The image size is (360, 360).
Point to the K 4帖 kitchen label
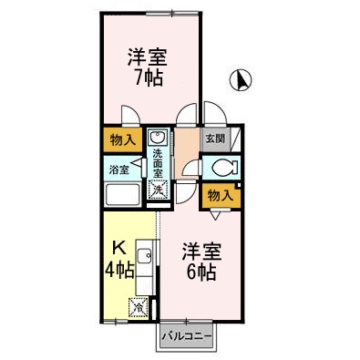[x=119, y=259]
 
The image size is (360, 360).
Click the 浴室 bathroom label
[x=118, y=170]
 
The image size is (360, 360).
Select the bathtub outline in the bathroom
[x=123, y=196]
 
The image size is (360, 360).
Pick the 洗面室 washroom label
[x=159, y=160]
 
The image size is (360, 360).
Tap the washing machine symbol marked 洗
[x=158, y=190]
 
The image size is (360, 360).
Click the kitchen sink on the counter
[x=144, y=256]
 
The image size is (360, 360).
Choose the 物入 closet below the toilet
[x=220, y=194]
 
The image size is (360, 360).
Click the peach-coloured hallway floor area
[x=186, y=146]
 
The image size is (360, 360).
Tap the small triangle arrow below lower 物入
[x=215, y=216]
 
